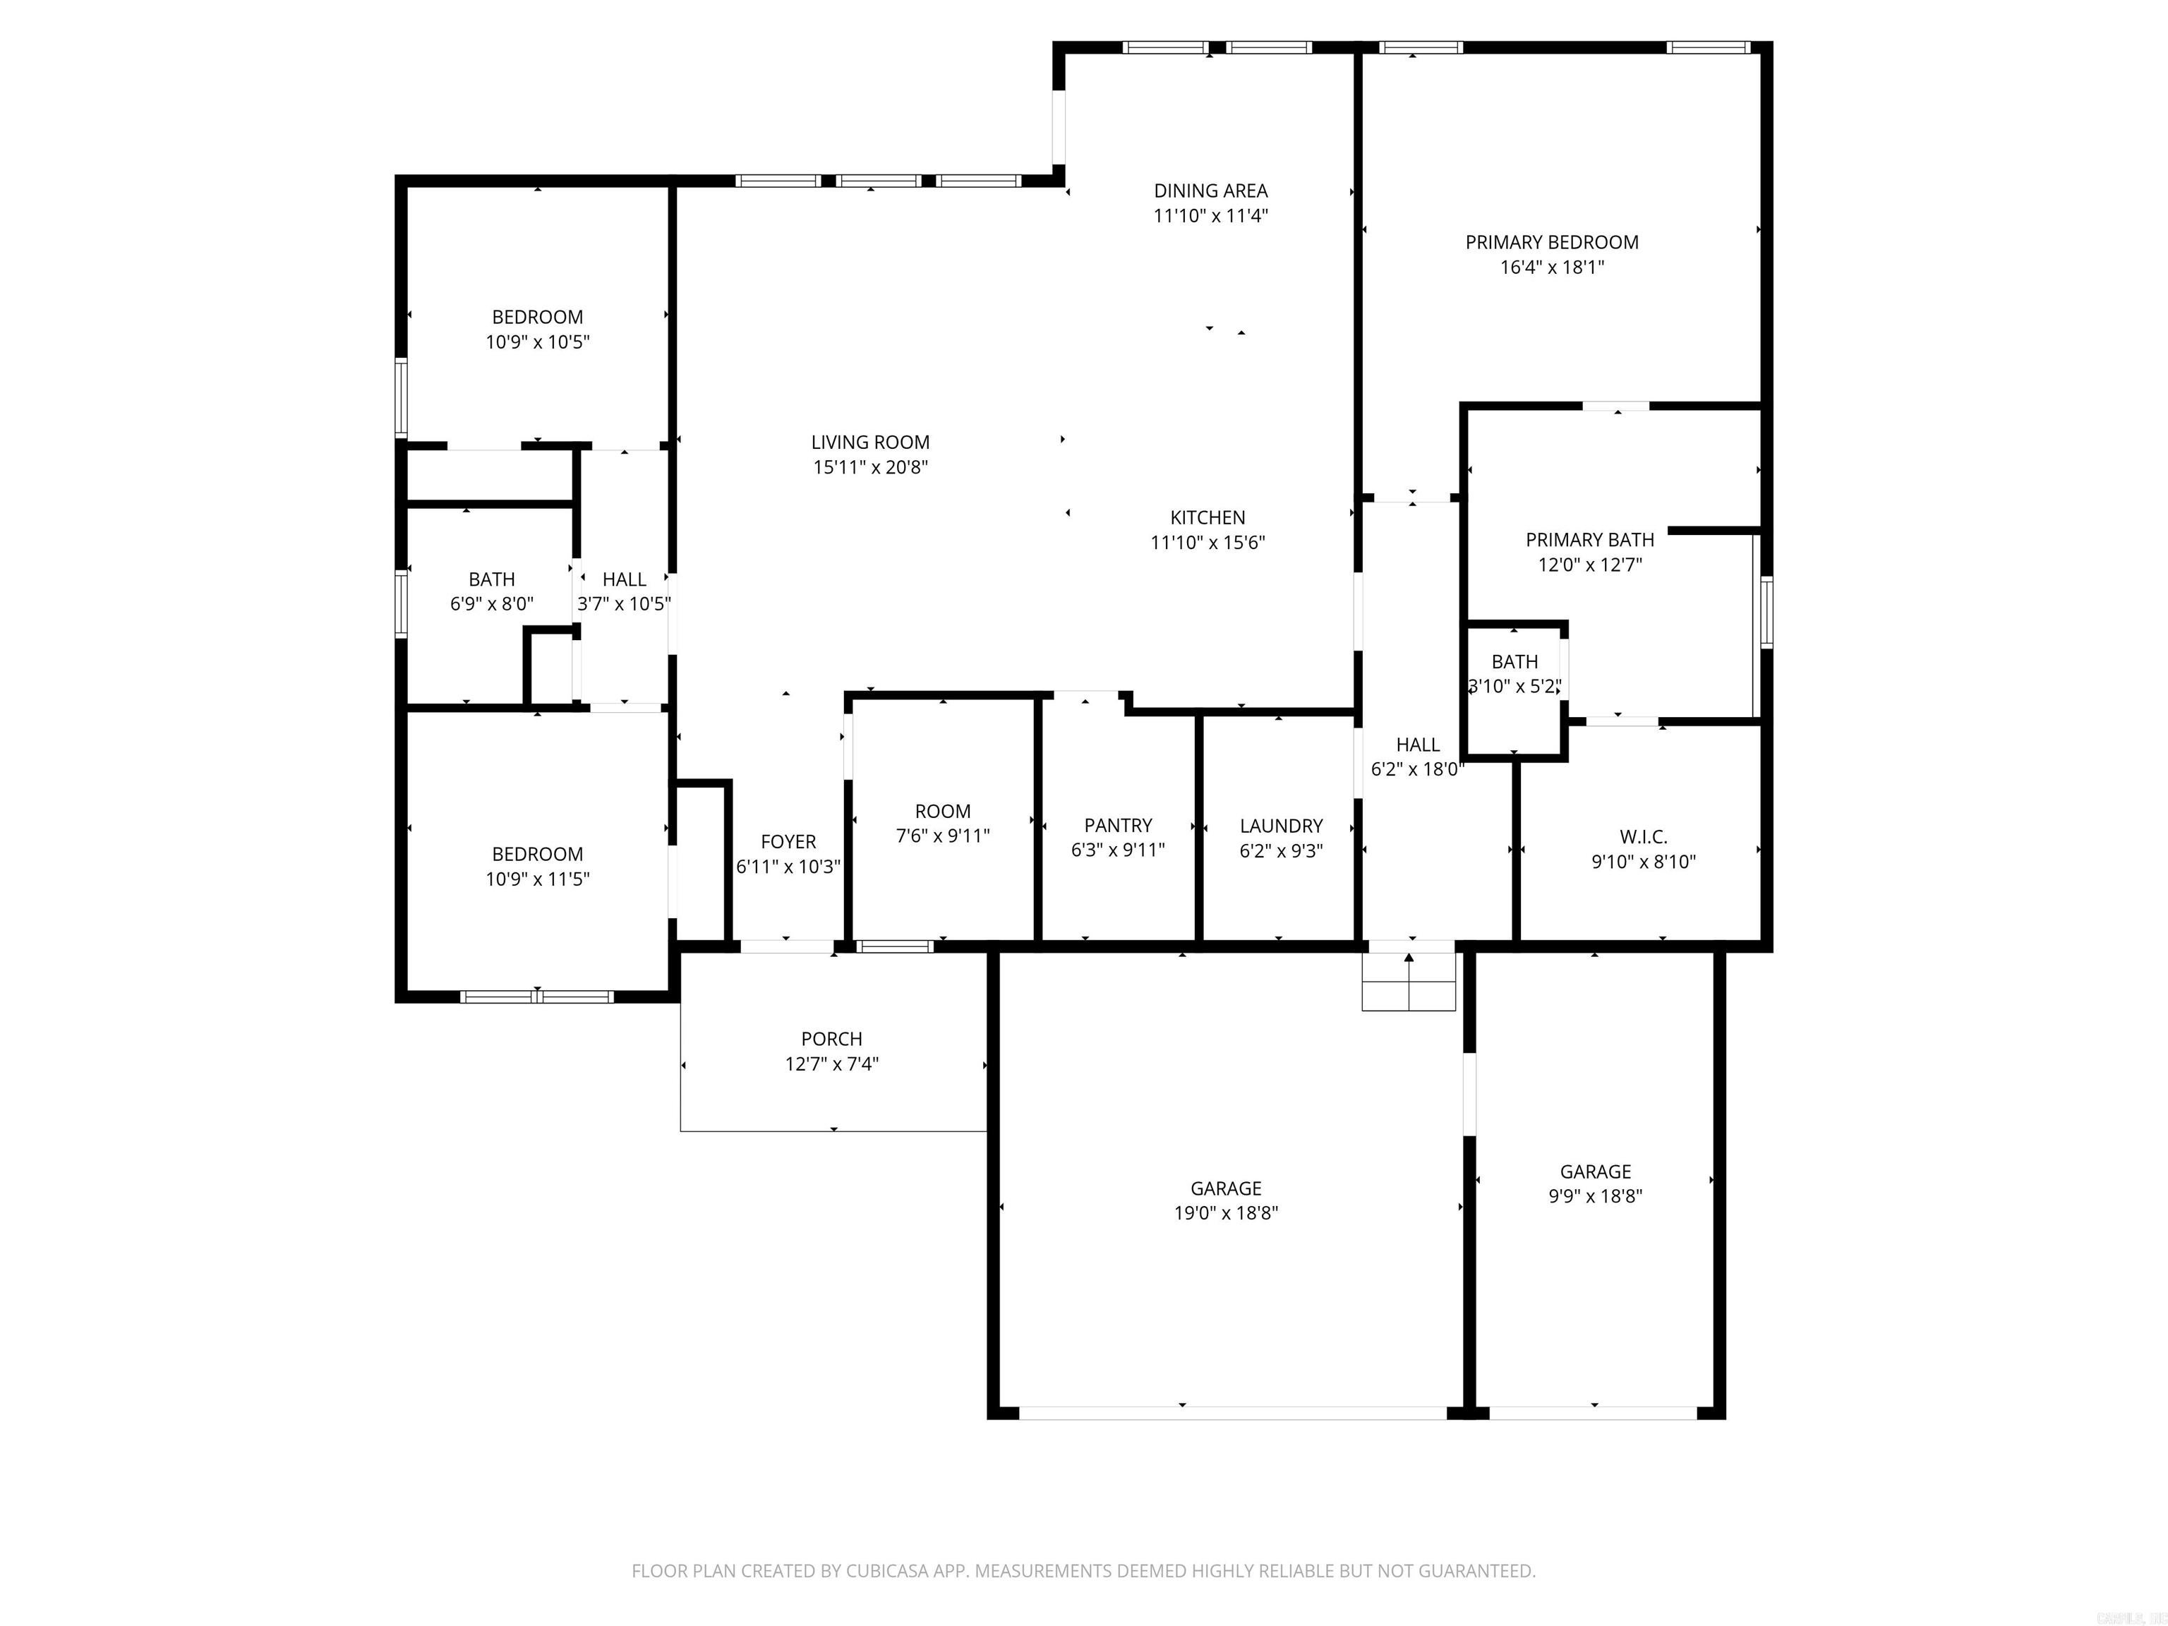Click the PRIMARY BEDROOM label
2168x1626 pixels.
(x=1551, y=242)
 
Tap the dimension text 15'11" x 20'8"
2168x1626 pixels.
(x=870, y=467)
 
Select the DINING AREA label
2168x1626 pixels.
(x=1210, y=191)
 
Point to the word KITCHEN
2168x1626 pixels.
(x=1208, y=517)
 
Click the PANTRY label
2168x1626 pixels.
(x=1117, y=825)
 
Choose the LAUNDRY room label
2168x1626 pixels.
(x=1281, y=825)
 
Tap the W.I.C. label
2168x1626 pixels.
(x=1643, y=837)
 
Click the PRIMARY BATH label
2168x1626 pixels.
(x=1589, y=540)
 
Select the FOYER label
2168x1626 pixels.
(x=788, y=842)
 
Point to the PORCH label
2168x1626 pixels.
(x=831, y=1039)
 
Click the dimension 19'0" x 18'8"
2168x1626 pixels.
(x=1226, y=1212)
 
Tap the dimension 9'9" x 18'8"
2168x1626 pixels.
(x=1595, y=1196)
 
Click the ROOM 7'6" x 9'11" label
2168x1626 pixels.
(x=943, y=812)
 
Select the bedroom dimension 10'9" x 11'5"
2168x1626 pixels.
(x=537, y=879)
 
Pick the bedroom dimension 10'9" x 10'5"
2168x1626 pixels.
(x=537, y=342)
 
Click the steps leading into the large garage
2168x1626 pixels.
(x=1409, y=982)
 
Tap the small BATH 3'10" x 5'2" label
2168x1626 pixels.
(x=1514, y=661)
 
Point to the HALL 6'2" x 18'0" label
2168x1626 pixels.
(x=1417, y=745)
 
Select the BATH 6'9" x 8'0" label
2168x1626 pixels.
(x=491, y=579)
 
